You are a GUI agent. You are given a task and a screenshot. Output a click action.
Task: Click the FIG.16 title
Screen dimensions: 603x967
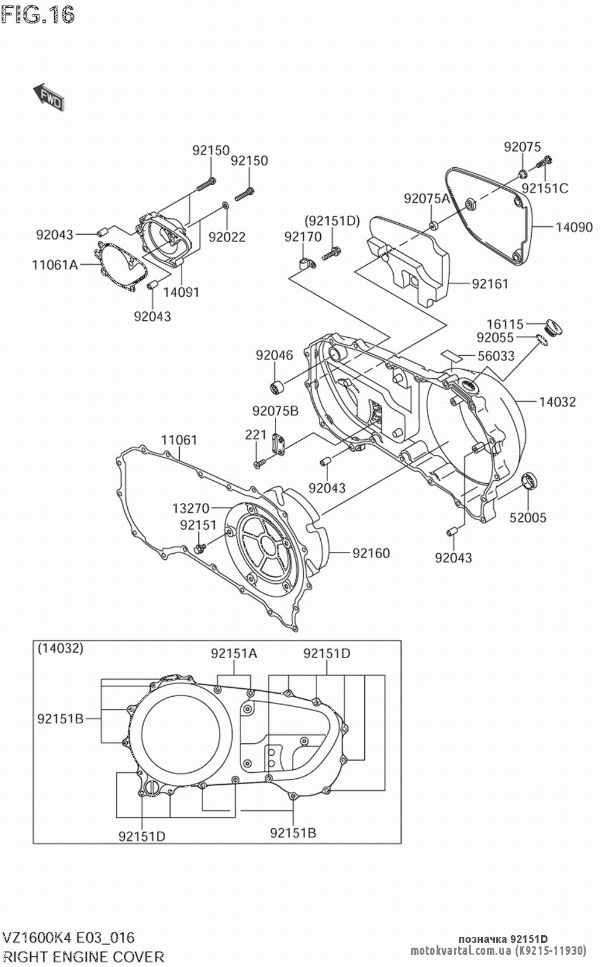(x=38, y=14)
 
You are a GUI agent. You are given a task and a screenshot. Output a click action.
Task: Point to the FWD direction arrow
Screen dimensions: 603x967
(x=49, y=97)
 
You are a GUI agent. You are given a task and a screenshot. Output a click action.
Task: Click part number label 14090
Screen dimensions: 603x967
(x=573, y=227)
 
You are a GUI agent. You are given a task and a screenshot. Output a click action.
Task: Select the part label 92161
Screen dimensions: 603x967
(x=490, y=284)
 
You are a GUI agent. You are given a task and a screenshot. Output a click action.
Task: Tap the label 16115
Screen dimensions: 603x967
(x=505, y=324)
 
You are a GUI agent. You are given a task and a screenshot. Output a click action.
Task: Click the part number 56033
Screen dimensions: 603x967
(x=496, y=356)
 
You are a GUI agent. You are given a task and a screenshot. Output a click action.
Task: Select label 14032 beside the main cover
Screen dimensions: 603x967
(x=557, y=402)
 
